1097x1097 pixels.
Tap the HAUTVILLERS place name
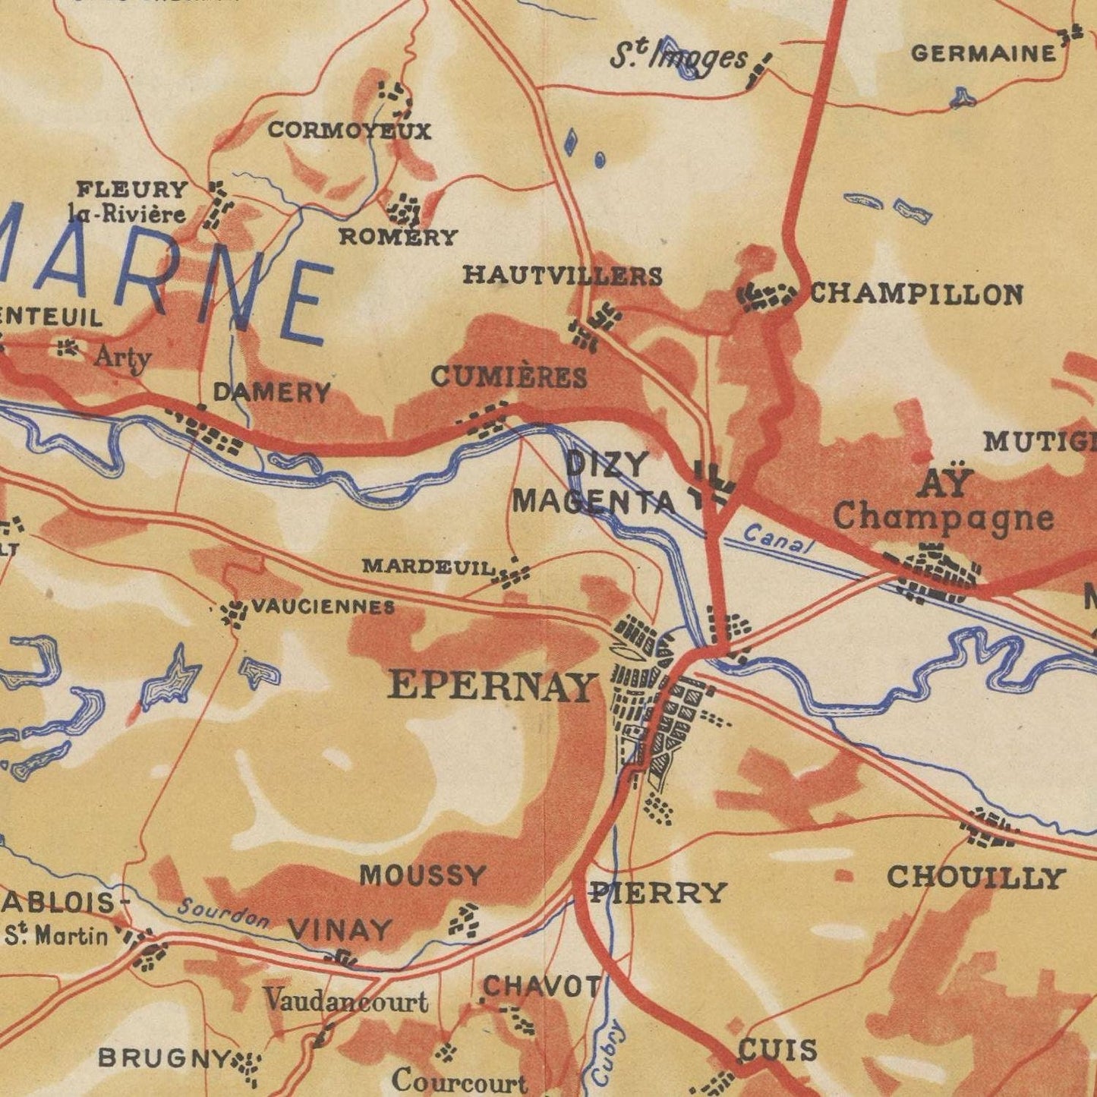563,275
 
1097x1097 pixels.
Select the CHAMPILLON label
916,294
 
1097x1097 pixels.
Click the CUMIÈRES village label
509,377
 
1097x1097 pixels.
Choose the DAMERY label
272,392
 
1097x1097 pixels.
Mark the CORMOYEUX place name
349,131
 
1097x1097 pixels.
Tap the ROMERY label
397,237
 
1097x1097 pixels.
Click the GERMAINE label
983,54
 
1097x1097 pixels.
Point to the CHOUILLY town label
976,878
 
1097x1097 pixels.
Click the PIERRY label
658,892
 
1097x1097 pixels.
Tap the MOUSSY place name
422,875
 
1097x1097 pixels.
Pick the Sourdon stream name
223,913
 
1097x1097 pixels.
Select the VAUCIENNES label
323,607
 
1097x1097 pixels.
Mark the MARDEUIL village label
429,566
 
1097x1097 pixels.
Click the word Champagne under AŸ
944,518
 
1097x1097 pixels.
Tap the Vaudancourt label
346,1001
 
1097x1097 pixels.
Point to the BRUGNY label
163,1058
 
